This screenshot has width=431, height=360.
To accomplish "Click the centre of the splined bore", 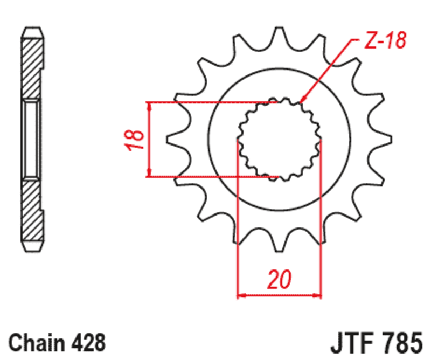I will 279,139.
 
